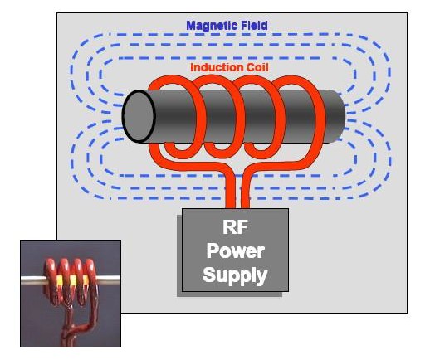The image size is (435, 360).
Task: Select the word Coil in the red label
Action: pos(257,68)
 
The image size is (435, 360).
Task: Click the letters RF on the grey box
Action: pos(235,227)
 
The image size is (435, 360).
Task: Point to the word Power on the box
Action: pos(235,251)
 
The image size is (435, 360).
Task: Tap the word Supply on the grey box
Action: pos(235,275)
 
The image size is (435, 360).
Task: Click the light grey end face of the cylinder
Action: pos(139,116)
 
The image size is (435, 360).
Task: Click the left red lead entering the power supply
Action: pos(230,192)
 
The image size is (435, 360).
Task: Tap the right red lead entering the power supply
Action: pos(245,192)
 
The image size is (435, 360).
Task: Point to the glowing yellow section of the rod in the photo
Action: pos(73,280)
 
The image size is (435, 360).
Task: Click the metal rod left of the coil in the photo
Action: pos(32,280)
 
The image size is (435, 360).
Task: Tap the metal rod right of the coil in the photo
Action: pos(109,280)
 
